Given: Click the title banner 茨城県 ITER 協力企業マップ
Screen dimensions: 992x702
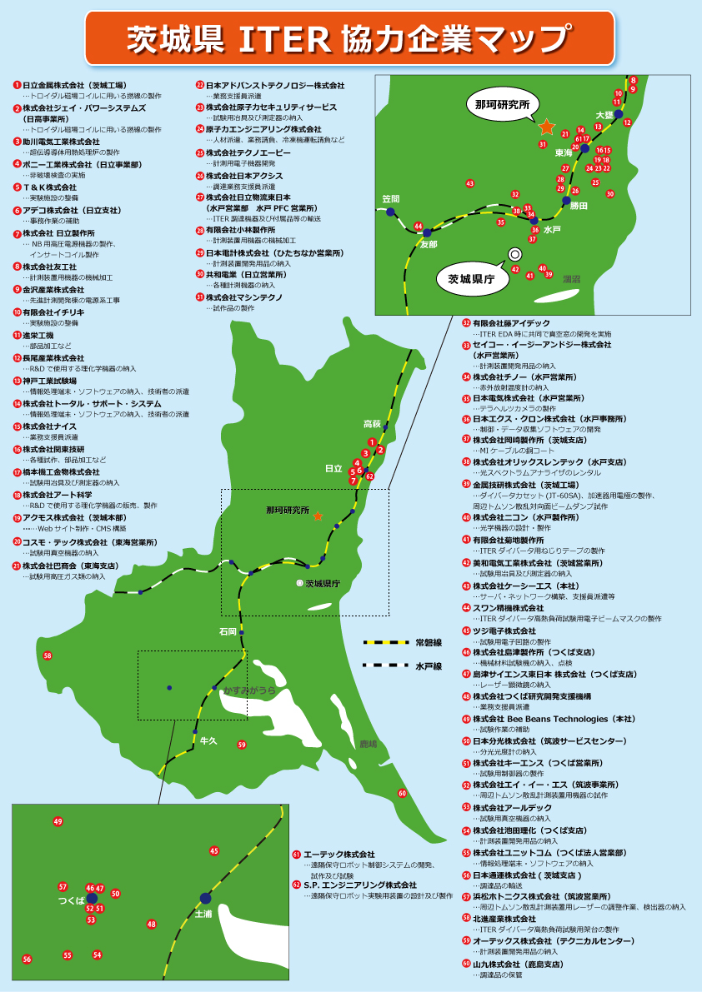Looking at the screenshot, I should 350,37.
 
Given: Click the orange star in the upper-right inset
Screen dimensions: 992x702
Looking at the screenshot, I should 547,127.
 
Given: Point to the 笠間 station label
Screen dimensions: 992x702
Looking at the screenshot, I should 391,199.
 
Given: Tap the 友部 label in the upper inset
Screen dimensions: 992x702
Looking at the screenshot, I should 428,244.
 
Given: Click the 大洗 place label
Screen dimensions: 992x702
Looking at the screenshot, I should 604,114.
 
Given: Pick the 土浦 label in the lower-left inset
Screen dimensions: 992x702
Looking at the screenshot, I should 204,914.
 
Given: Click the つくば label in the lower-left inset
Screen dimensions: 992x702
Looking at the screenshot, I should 71,900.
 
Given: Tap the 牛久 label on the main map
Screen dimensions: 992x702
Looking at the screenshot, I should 208,741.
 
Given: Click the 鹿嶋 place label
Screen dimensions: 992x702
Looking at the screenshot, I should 369,744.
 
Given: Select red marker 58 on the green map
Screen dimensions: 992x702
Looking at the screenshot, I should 48,656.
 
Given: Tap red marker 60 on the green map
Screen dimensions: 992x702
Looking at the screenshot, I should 403,794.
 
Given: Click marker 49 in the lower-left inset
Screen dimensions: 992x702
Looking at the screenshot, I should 58,821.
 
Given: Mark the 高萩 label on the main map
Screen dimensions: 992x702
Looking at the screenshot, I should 372,424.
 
